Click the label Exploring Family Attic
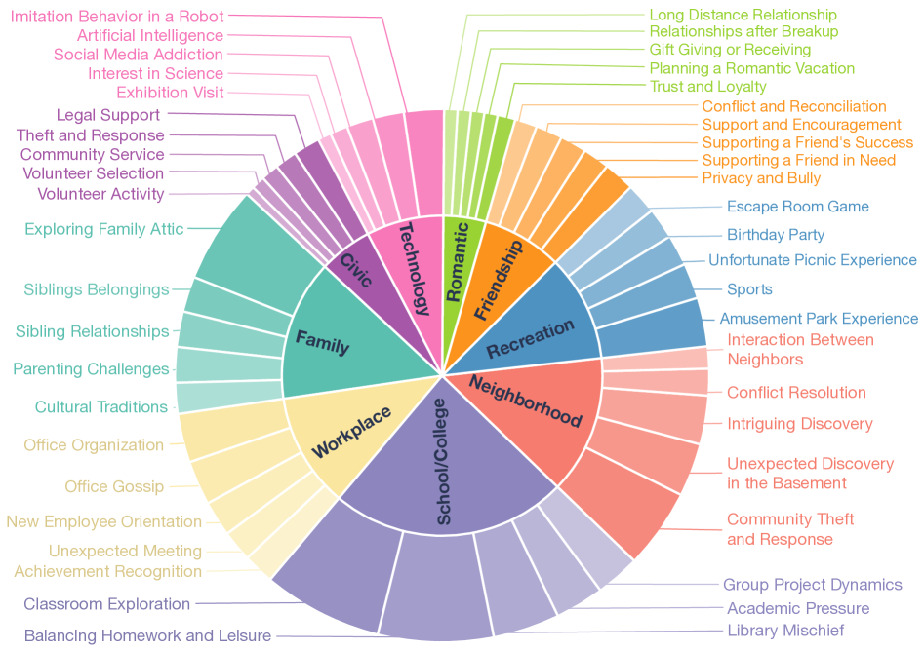click(x=103, y=229)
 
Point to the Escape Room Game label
click(x=797, y=207)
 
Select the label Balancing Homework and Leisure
click(x=147, y=636)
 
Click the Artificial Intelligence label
click(x=149, y=35)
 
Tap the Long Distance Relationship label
click(x=743, y=15)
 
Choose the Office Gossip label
click(x=114, y=486)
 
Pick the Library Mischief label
click(x=785, y=631)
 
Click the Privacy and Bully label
click(x=761, y=177)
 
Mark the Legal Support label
click(x=108, y=115)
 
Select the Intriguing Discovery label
click(x=800, y=424)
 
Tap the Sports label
click(x=749, y=289)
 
